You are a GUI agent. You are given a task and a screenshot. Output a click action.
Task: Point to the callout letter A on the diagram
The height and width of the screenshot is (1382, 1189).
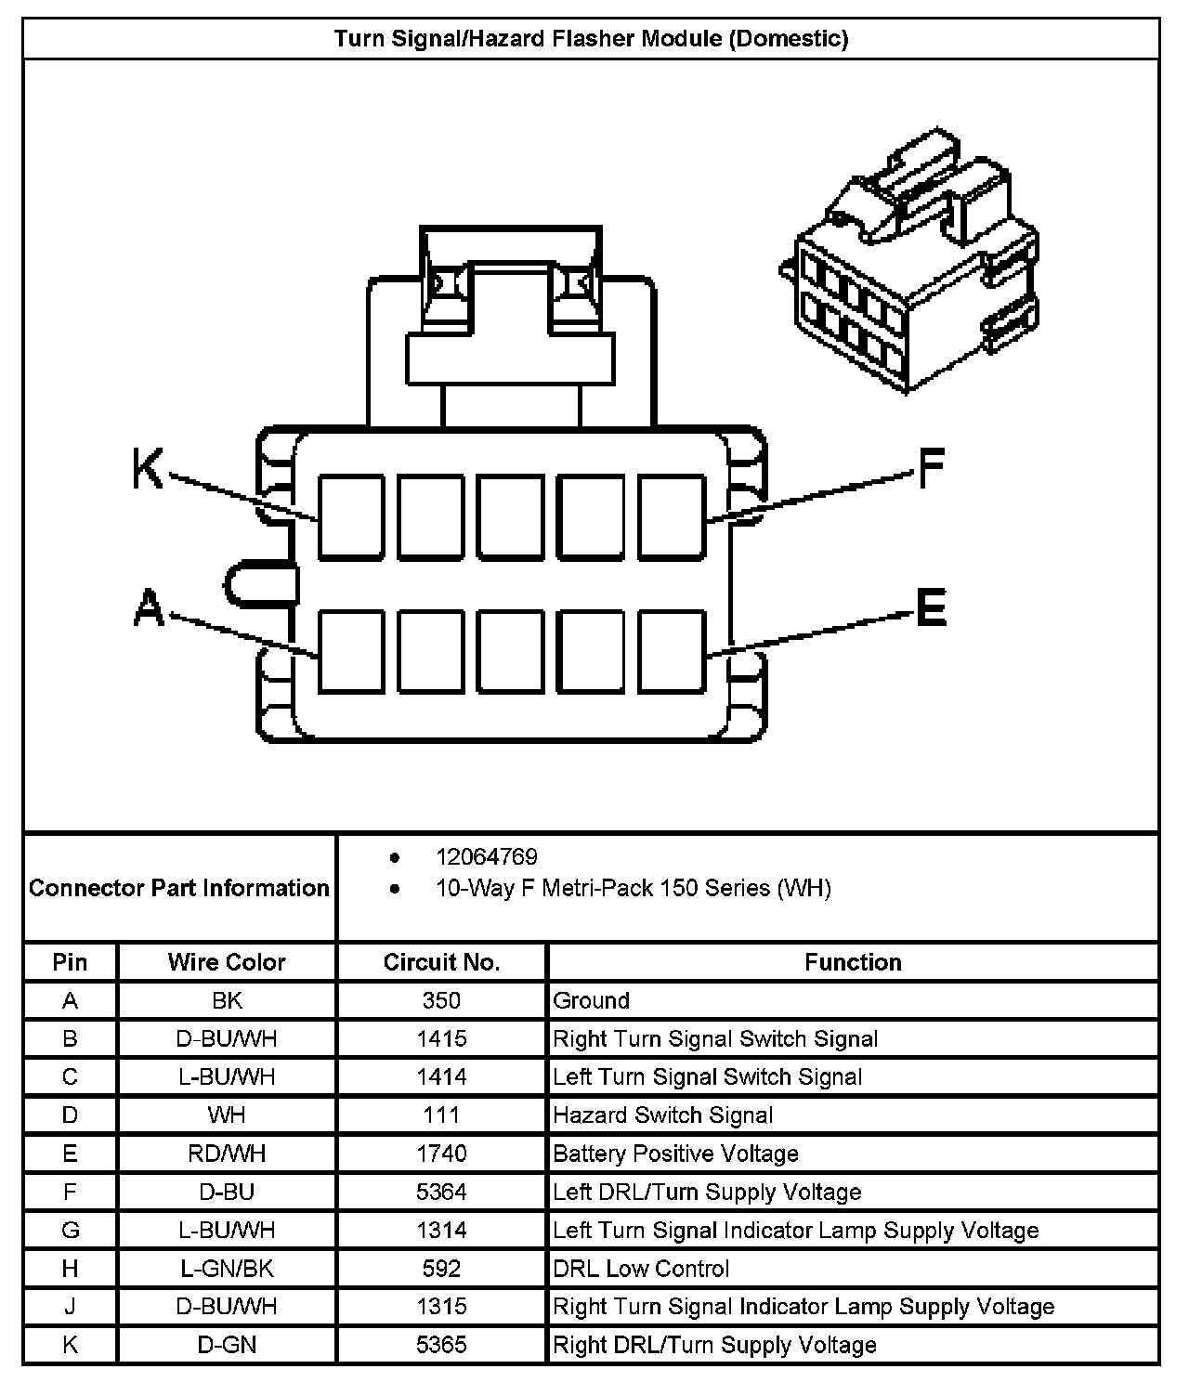coord(149,610)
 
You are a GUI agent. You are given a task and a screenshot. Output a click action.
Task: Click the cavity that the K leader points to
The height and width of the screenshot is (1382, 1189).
coord(351,517)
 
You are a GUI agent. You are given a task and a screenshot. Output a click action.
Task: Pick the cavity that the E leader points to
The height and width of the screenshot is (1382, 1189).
coord(672,651)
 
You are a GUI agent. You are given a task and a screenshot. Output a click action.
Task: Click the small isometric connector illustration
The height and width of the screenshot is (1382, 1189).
coord(915,269)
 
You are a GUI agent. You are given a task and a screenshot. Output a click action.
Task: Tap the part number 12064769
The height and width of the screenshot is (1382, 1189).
coord(487,856)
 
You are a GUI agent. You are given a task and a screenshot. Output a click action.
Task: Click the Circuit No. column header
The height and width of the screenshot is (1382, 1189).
coord(441,962)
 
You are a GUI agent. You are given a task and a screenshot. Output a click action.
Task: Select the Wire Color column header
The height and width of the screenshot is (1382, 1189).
coord(227,962)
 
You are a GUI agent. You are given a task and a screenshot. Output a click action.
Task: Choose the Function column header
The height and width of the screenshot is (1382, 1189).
coord(853,962)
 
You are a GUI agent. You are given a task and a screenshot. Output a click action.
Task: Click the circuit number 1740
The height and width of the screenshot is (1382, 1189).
coord(441,1154)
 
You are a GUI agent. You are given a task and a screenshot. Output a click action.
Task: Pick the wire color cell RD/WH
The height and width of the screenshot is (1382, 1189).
coord(227,1154)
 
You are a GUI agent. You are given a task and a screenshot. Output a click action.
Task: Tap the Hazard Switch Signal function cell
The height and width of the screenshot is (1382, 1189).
coord(663,1115)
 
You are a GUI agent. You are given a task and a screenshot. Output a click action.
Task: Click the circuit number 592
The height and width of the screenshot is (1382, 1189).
coord(441,1269)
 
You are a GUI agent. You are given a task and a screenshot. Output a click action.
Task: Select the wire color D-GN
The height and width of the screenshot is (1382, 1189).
coord(227,1345)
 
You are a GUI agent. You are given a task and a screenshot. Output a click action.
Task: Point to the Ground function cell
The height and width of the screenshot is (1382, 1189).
coord(592,1000)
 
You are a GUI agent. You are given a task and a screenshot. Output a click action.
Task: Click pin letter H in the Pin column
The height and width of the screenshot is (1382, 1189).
coord(71,1269)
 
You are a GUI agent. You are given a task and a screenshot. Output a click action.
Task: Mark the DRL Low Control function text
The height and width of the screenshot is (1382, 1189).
coord(641,1269)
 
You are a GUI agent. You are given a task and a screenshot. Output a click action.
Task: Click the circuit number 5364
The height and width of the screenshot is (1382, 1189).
coord(441,1192)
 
